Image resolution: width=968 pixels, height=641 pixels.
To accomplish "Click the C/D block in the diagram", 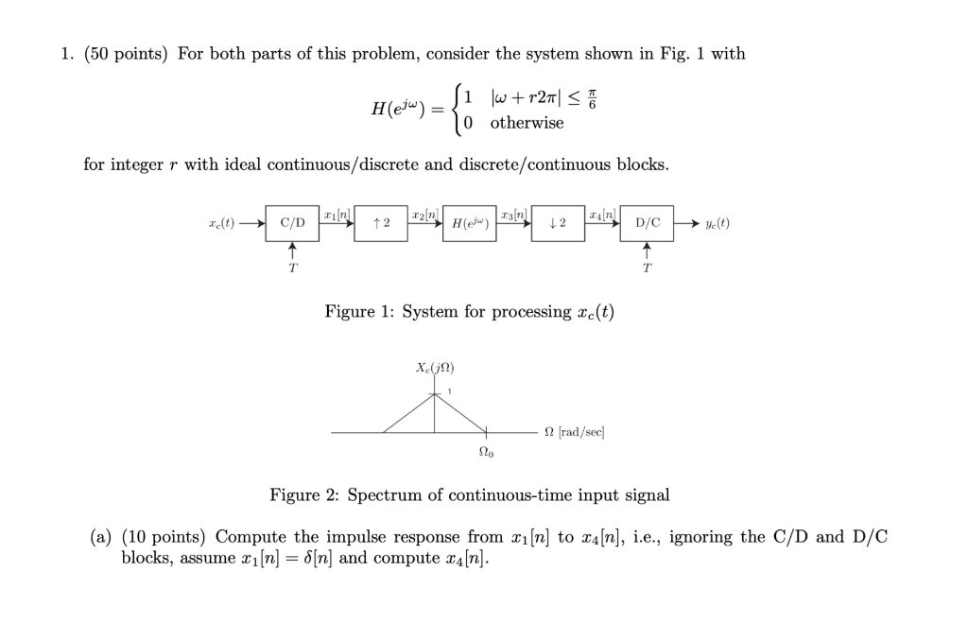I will (292, 224).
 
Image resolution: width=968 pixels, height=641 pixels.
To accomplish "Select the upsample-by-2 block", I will (381, 224).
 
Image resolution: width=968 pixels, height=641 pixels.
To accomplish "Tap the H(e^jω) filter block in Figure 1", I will (470, 224).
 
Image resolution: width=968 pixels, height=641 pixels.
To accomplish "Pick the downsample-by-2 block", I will (558, 224).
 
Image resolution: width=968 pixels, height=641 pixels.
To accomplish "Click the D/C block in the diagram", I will (648, 224).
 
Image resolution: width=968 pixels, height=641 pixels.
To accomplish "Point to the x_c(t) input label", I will (222, 224).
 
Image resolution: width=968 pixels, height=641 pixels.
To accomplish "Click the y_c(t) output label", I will (717, 224).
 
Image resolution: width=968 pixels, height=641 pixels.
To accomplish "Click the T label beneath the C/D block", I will (292, 268).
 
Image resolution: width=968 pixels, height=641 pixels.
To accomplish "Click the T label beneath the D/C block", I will (648, 268).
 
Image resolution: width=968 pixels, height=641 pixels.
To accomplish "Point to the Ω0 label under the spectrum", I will (486, 451).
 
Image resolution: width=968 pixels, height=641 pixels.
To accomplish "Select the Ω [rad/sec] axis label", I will (574, 432).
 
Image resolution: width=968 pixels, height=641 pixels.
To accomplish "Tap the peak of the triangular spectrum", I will (435, 393).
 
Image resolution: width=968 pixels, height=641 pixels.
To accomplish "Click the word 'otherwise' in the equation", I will (527, 123).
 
